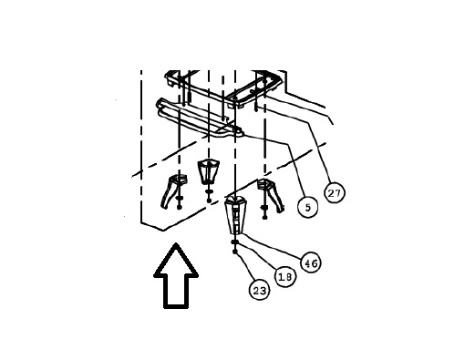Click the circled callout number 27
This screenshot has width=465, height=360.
tap(335, 194)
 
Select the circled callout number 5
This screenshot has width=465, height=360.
tap(307, 208)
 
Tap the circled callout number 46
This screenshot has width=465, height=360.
tap(311, 262)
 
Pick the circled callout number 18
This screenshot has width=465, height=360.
tap(284, 276)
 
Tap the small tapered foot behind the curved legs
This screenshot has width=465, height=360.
tap(210, 170)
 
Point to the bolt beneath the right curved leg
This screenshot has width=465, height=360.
tap(264, 213)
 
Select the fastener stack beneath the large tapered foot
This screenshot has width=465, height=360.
tap(235, 245)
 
